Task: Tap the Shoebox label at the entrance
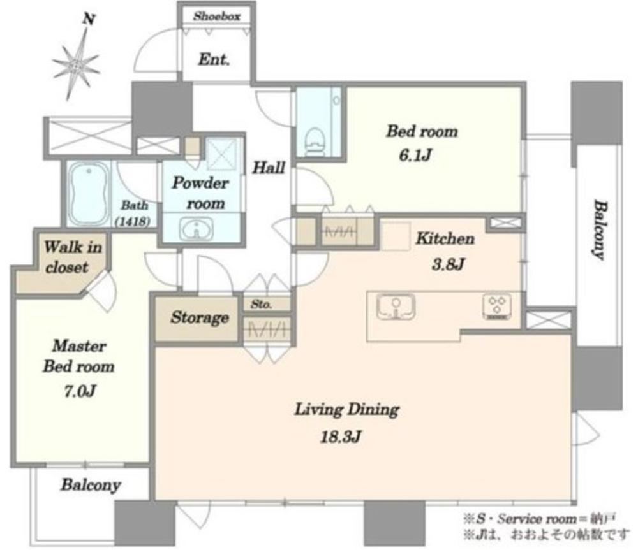point(216,17)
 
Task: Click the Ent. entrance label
point(214,60)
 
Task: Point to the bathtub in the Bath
point(89,194)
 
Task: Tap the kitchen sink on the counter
point(396,307)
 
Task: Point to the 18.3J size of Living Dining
point(341,437)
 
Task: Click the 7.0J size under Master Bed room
point(80,391)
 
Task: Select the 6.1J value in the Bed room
point(415,156)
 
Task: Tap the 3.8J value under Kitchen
point(448,265)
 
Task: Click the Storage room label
point(200,317)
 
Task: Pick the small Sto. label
point(261,304)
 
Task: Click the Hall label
point(269,168)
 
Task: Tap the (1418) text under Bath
point(133,222)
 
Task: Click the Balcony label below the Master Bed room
point(91,486)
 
